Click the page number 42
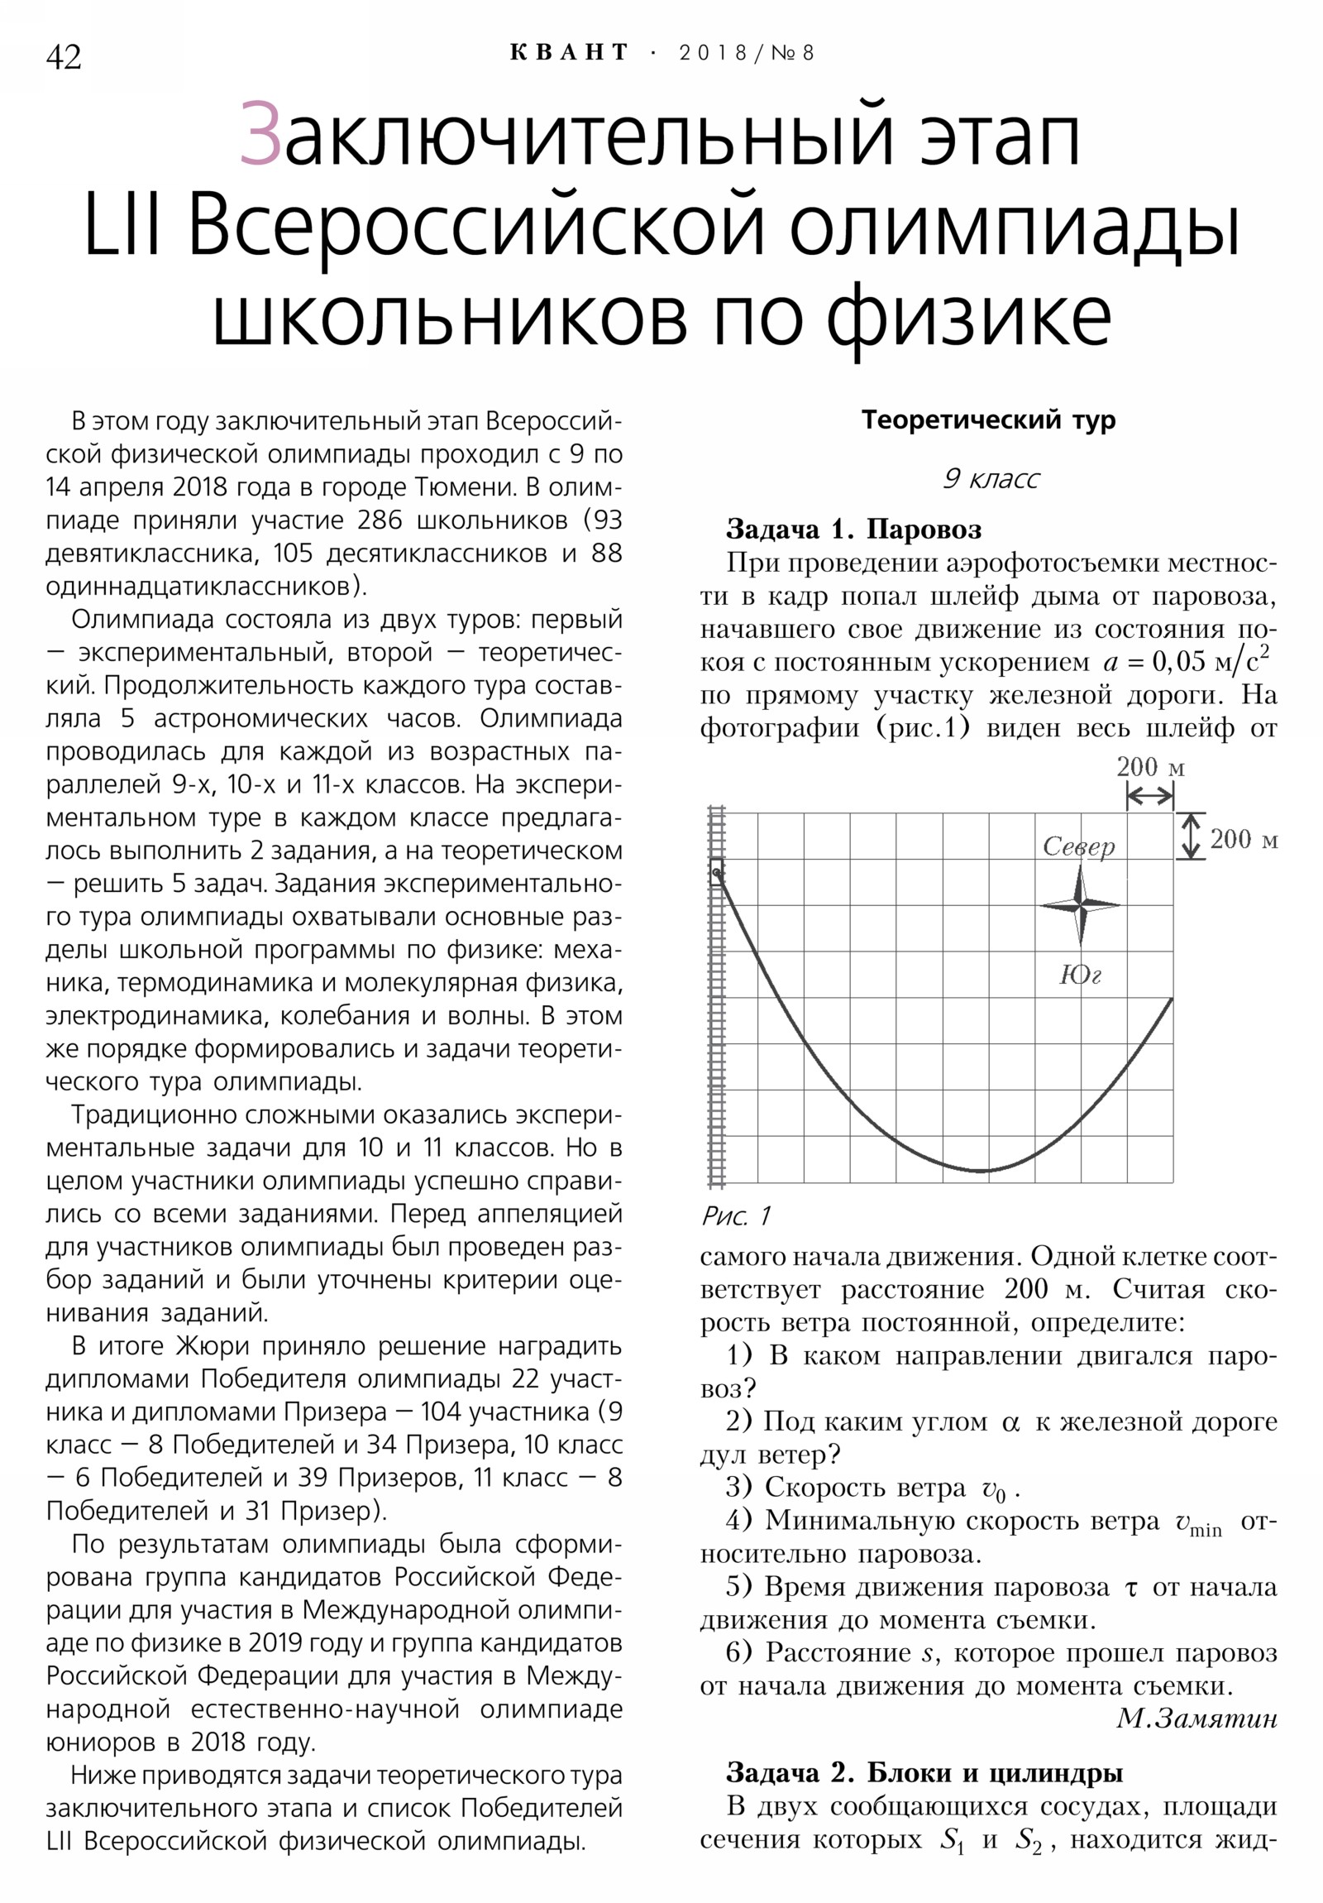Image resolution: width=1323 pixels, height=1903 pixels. (x=64, y=57)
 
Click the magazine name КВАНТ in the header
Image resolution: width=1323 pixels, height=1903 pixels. (x=569, y=53)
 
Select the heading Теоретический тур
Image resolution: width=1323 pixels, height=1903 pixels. (x=988, y=420)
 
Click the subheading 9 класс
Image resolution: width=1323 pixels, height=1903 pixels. (x=991, y=479)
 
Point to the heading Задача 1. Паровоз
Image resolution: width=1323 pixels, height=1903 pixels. (x=853, y=529)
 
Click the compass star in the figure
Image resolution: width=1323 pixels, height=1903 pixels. (x=1080, y=906)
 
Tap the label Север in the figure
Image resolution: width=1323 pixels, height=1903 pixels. (x=1078, y=846)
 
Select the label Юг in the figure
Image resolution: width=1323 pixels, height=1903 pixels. (x=1080, y=975)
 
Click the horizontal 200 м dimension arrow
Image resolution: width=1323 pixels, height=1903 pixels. (x=1150, y=797)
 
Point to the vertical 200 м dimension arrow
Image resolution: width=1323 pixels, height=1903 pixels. (x=1191, y=836)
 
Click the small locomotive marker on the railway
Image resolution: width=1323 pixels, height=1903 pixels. (x=717, y=871)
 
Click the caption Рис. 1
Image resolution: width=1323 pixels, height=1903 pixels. (x=736, y=1216)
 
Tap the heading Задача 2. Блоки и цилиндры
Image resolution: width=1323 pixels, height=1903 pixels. (x=924, y=1772)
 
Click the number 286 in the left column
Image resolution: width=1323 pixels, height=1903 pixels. (x=380, y=520)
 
